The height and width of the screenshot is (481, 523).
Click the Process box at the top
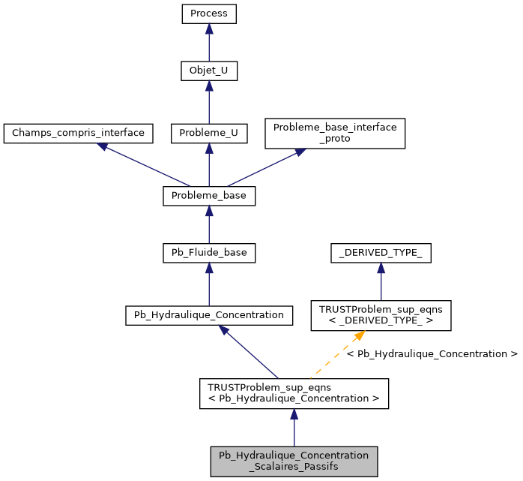(209, 14)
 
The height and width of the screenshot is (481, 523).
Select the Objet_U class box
(209, 71)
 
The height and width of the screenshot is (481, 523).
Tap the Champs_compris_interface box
(79, 133)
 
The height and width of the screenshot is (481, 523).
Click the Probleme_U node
(209, 133)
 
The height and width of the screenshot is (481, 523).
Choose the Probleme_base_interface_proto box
(334, 133)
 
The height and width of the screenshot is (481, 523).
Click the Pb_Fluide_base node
(209, 253)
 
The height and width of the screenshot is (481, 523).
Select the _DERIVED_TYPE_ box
(381, 253)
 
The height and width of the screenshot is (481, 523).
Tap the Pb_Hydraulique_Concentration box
(209, 315)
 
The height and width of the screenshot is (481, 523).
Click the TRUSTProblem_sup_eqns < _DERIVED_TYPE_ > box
(381, 315)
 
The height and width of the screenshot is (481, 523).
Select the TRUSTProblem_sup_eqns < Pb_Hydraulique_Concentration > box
(294, 393)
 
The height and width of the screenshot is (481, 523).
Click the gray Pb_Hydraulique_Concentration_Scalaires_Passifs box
(294, 461)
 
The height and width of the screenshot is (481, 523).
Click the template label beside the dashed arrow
(432, 353)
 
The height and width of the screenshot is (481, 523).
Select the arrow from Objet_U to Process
(209, 43)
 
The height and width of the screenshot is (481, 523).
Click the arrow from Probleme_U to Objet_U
(209, 102)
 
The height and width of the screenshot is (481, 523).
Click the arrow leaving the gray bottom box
(294, 428)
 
